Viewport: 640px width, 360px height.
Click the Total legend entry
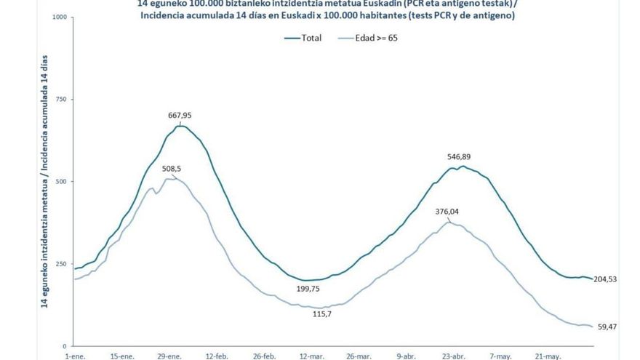(311, 38)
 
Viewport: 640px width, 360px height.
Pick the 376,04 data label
(447, 212)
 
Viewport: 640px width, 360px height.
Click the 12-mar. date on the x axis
(312, 356)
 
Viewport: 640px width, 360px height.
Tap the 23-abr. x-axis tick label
(455, 356)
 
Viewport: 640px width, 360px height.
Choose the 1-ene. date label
(76, 356)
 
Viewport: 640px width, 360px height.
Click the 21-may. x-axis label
(549, 356)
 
